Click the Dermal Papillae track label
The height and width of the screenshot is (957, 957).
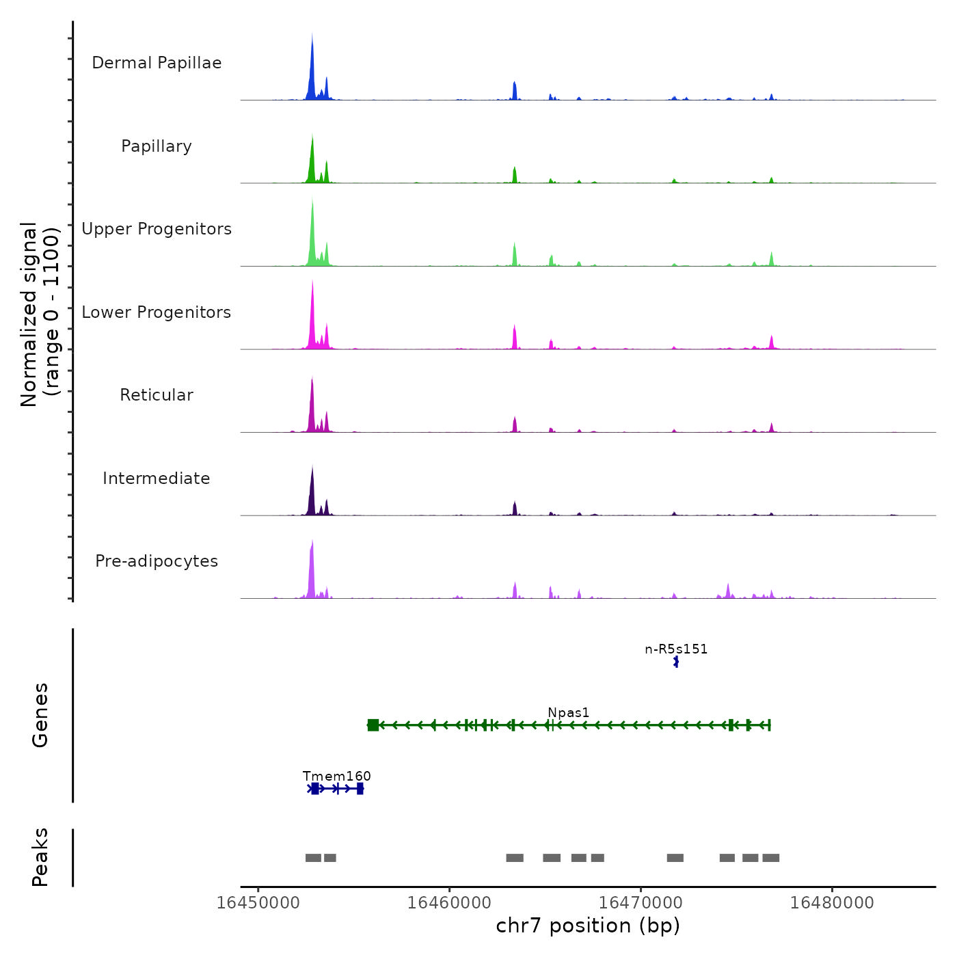[157, 63]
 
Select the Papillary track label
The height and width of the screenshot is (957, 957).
[157, 146]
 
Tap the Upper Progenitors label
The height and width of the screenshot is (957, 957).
[157, 229]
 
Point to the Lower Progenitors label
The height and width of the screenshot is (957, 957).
[157, 312]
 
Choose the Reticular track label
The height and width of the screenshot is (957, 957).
[157, 395]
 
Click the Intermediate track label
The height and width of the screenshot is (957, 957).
[157, 478]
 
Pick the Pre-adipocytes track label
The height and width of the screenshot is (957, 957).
[157, 561]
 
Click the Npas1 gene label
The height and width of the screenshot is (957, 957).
[568, 712]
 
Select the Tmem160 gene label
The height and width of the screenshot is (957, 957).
[336, 776]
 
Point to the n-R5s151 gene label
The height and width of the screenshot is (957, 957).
[676, 649]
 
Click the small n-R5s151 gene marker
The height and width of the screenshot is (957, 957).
[676, 662]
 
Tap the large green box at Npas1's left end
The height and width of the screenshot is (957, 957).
[373, 725]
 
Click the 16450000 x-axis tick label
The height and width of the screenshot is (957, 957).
[258, 902]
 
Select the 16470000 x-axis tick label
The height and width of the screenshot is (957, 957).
[641, 902]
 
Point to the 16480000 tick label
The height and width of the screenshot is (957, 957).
[832, 902]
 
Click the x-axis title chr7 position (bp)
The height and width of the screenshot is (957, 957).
[588, 926]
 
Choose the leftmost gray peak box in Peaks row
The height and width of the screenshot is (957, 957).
[313, 858]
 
